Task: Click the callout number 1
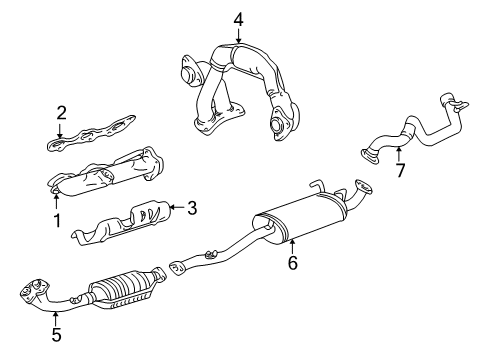tap(57, 220)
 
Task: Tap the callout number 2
tap(61, 113)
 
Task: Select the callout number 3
tap(192, 208)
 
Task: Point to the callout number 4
tap(238, 20)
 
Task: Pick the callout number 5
tap(56, 334)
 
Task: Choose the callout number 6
tap(292, 263)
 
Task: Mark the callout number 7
tap(400, 170)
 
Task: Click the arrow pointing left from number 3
tap(177, 207)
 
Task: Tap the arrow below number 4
tap(238, 36)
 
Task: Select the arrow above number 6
tap(292, 247)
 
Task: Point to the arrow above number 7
tap(399, 155)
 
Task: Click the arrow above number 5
tap(56, 318)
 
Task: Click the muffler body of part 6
tap(299, 217)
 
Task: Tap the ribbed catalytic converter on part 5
tap(126, 287)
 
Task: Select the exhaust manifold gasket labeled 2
tap(92, 133)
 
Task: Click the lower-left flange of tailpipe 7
tap(370, 156)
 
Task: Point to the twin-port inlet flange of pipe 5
tap(34, 289)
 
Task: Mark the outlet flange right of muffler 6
tap(363, 186)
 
